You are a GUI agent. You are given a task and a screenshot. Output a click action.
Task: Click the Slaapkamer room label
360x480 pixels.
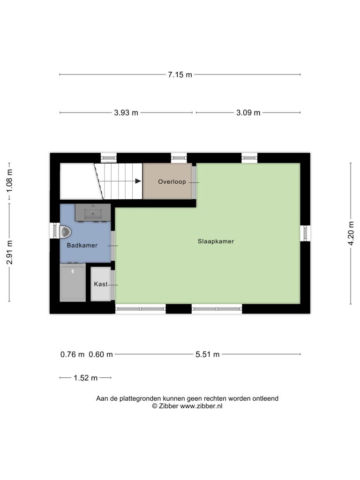click(x=216, y=241)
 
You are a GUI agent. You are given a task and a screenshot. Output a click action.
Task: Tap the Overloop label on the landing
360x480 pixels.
click(x=172, y=181)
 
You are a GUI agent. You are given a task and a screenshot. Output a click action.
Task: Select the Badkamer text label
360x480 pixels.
click(x=82, y=245)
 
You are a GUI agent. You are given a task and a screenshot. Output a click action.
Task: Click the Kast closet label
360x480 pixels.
click(x=100, y=284)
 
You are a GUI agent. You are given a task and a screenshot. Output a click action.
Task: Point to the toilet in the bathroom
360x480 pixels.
click(x=65, y=232)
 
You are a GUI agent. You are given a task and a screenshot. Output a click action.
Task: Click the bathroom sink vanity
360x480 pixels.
click(x=93, y=212)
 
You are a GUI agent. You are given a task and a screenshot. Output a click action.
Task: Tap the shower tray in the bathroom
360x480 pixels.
click(x=73, y=283)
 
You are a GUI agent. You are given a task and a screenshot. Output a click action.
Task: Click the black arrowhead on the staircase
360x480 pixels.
click(x=138, y=181)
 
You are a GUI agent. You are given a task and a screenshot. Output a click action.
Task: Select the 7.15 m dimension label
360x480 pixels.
click(x=180, y=75)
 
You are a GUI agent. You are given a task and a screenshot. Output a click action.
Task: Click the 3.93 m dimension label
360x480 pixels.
click(x=126, y=112)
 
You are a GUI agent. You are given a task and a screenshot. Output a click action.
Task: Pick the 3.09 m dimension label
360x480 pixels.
click(x=248, y=112)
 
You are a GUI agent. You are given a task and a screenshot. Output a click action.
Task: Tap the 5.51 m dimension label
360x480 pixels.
click(x=208, y=354)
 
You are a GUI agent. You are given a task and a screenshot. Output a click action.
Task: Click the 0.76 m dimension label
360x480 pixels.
click(x=72, y=354)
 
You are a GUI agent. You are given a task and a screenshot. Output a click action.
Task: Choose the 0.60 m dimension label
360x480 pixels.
click(x=101, y=354)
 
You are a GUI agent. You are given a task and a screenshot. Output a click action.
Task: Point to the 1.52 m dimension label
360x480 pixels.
click(x=85, y=378)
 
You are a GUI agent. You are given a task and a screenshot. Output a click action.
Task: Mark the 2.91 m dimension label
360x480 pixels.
click(x=9, y=252)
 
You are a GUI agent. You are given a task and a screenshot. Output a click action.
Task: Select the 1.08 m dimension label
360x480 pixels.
click(x=9, y=181)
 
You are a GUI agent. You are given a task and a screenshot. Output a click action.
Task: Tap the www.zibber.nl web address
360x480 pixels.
click(x=201, y=406)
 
